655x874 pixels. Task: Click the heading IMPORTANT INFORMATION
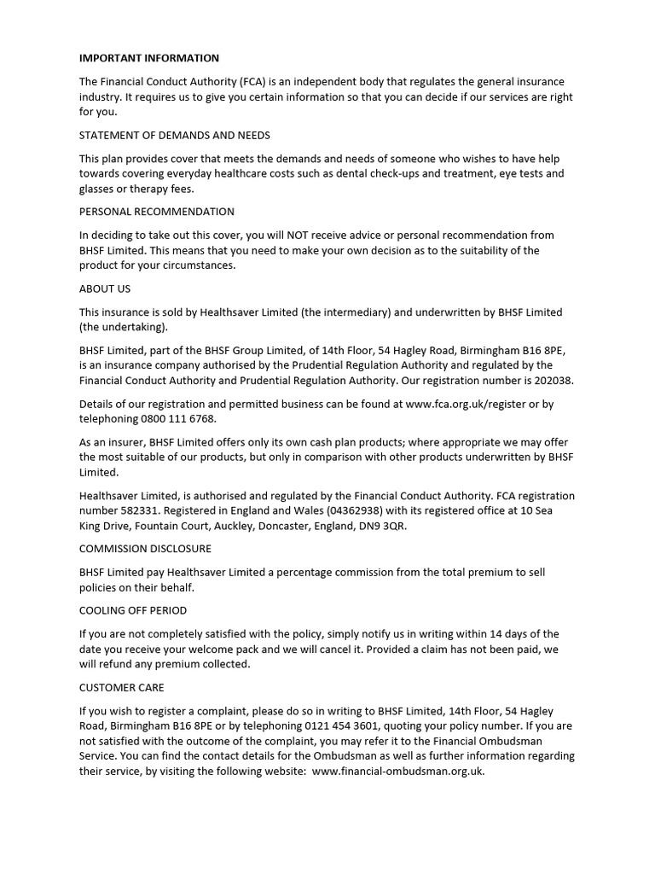point(149,58)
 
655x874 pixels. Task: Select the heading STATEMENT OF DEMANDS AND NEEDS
point(175,135)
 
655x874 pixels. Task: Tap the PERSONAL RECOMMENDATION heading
point(157,212)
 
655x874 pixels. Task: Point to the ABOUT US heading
point(105,288)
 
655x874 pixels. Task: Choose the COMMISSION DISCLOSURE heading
point(145,548)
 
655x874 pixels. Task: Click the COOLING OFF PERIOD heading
point(133,610)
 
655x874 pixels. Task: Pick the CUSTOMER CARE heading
point(122,687)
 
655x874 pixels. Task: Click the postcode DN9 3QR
point(385,526)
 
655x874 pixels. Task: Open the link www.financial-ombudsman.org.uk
point(398,772)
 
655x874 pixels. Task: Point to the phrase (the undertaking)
point(124,327)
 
